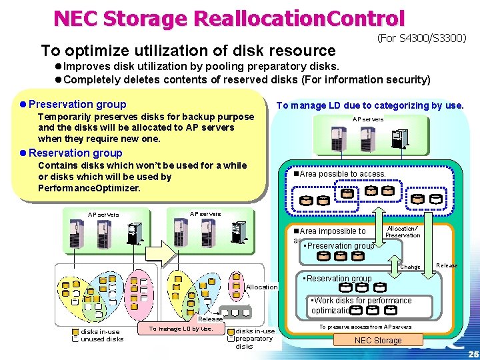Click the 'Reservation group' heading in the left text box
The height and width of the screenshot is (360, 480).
click(x=80, y=153)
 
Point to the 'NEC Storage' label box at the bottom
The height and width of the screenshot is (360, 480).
click(x=378, y=341)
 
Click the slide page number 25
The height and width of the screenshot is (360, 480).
click(x=473, y=354)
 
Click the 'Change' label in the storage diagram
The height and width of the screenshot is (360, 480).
click(x=410, y=267)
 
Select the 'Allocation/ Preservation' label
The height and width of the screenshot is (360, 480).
click(x=403, y=231)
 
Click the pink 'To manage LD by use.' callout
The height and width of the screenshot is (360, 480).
click(x=180, y=328)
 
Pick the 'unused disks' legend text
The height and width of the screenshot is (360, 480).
click(x=102, y=339)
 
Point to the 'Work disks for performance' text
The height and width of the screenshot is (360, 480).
click(x=364, y=301)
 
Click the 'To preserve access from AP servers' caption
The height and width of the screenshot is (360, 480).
click(x=365, y=327)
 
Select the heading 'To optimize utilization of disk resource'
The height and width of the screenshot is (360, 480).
click(x=188, y=51)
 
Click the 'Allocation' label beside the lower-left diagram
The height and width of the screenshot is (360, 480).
click(x=262, y=287)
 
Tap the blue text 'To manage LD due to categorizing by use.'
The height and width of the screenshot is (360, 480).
click(x=370, y=105)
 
